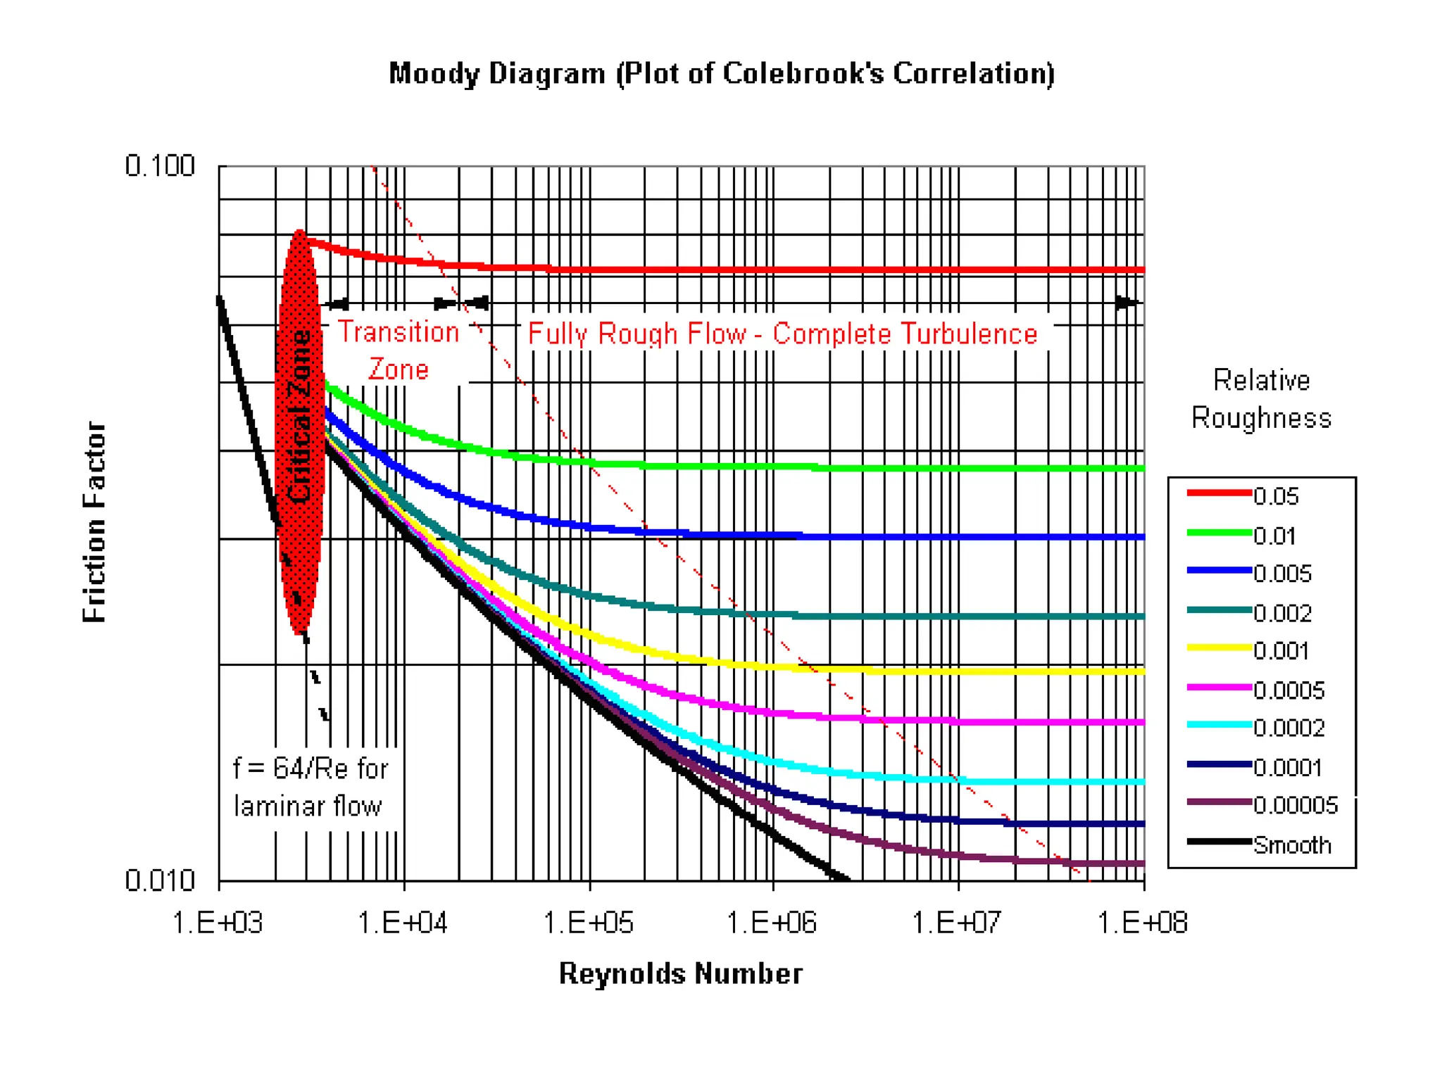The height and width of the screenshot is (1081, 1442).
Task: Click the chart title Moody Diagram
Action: point(721,74)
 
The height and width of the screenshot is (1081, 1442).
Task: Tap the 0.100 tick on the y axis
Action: point(160,167)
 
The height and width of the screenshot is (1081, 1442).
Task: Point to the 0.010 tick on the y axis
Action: point(160,880)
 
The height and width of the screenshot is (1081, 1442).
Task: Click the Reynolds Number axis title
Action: point(680,974)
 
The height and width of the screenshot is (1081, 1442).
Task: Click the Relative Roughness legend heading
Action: point(1261,399)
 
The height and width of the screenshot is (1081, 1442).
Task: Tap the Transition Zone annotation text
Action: point(399,350)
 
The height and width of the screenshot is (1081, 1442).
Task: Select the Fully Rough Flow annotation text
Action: point(782,334)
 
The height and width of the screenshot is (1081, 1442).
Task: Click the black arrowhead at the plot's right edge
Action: point(1127,303)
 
